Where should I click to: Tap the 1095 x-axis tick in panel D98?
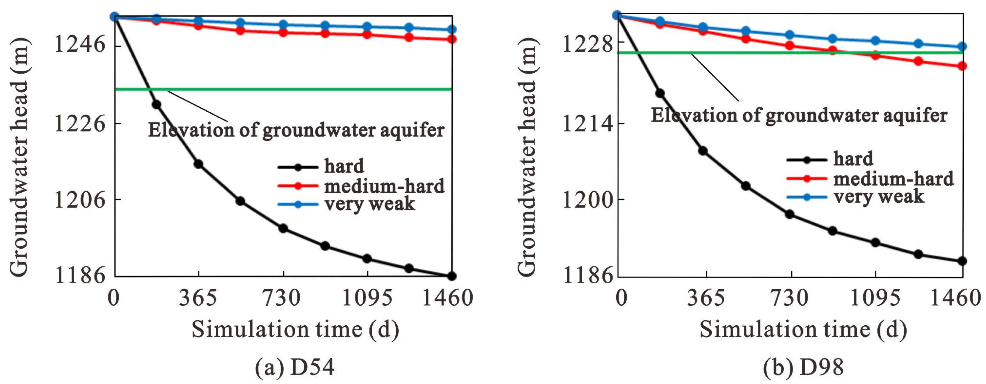pyautogui.click(x=875, y=298)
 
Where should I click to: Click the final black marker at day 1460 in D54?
pyautogui.click(x=452, y=276)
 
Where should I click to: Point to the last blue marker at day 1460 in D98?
pyautogui.click(x=962, y=47)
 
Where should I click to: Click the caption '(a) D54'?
pyautogui.click(x=295, y=367)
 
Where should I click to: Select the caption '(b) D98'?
pyautogui.click(x=803, y=367)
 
